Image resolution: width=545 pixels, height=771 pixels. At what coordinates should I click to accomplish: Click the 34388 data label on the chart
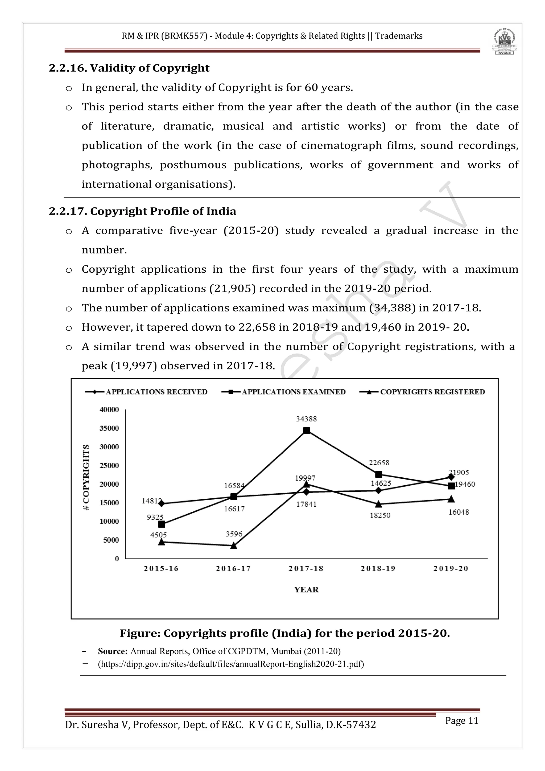pyautogui.click(x=306, y=419)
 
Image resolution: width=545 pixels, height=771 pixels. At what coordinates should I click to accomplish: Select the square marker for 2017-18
pyautogui.click(x=306, y=430)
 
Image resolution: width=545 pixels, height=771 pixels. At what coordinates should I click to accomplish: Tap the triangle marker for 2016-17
pyautogui.click(x=234, y=546)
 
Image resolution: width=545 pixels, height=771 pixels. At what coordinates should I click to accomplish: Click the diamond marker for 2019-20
pyautogui.click(x=451, y=477)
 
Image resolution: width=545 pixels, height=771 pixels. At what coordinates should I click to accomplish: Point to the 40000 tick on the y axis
pyautogui.click(x=109, y=410)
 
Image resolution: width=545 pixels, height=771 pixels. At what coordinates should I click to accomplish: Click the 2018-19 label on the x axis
pyautogui.click(x=378, y=568)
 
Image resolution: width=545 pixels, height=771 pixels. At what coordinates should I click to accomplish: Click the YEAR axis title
pyautogui.click(x=306, y=590)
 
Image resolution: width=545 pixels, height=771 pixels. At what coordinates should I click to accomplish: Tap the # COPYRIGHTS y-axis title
pyautogui.click(x=86, y=478)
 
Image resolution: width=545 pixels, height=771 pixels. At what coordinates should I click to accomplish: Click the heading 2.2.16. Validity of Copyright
pyautogui.click(x=129, y=68)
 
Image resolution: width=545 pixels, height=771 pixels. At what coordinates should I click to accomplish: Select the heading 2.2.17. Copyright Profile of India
pyautogui.click(x=143, y=211)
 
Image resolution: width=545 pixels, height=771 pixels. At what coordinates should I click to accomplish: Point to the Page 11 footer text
pyautogui.click(x=461, y=721)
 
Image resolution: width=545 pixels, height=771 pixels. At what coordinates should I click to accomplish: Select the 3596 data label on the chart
pyautogui.click(x=234, y=534)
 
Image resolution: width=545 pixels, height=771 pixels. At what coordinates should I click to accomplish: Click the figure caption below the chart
pyautogui.click(x=284, y=633)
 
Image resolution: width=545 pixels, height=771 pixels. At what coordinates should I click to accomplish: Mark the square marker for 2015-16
pyautogui.click(x=162, y=524)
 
